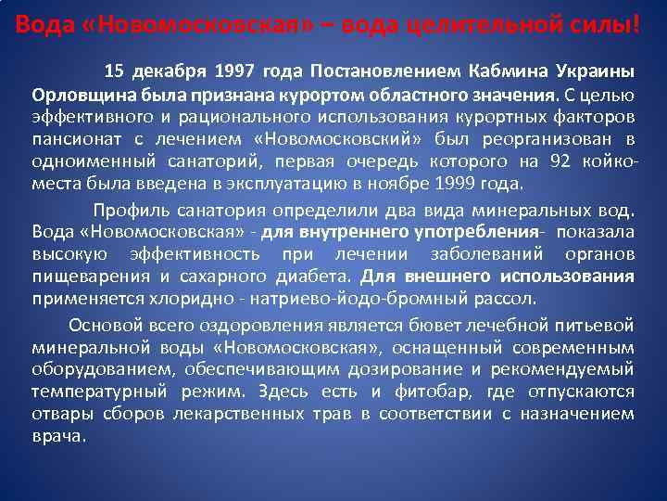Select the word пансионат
pyautogui.click(x=71, y=138)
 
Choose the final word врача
pyautogui.click(x=57, y=435)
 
